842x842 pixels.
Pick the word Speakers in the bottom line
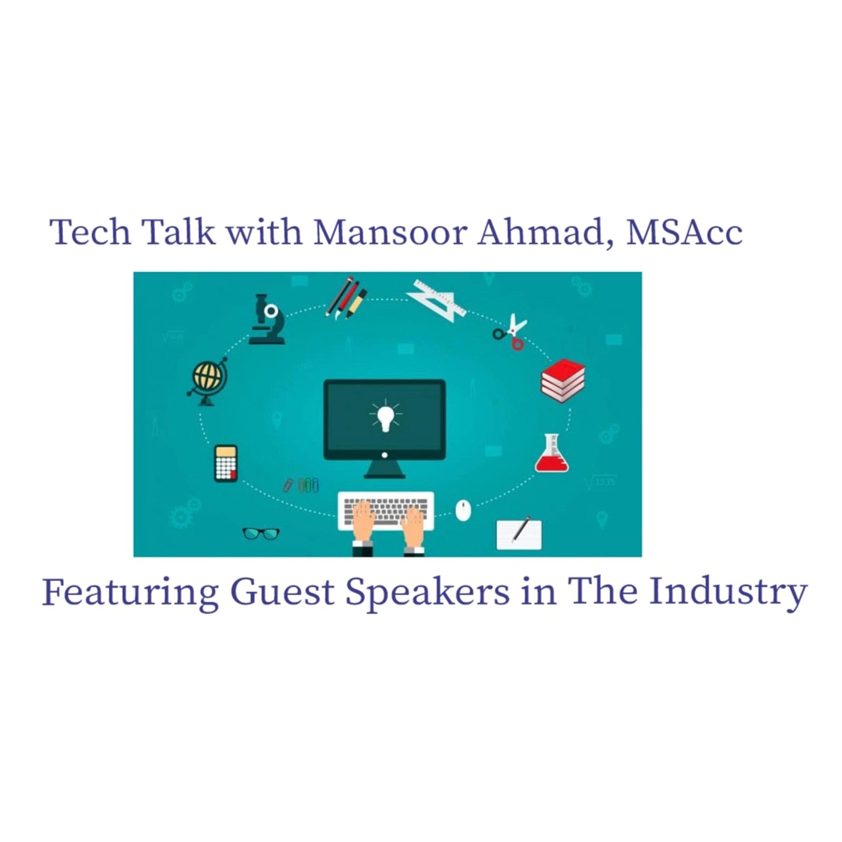tap(427, 593)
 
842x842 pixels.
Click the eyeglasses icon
tap(261, 533)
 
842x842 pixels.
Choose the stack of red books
tap(563, 380)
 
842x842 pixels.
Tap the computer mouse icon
tap(463, 510)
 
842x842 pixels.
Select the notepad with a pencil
tap(519, 534)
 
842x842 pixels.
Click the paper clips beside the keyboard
tap(302, 485)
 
